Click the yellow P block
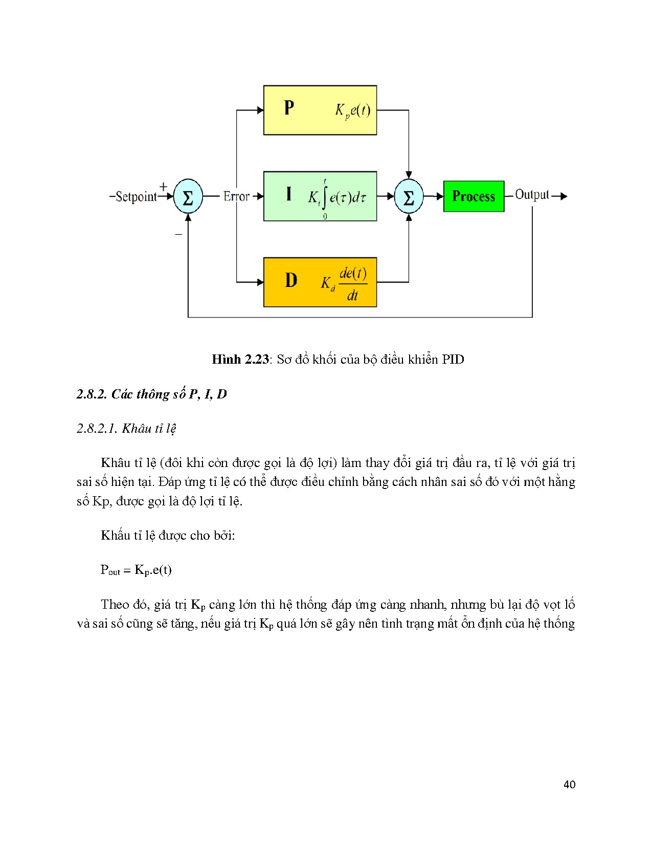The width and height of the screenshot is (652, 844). (320, 110)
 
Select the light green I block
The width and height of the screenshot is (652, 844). (320, 196)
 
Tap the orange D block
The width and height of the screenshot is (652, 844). (320, 282)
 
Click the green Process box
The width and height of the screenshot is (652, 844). (474, 196)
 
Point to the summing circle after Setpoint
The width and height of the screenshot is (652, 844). (188, 196)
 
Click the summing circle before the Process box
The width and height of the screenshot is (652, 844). (409, 196)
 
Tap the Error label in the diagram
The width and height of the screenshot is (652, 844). (236, 196)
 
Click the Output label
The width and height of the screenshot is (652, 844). (532, 194)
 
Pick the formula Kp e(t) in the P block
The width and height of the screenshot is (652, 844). (353, 110)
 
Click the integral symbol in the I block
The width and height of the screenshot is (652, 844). (325, 197)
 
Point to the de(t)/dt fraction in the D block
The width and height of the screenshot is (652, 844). (353, 283)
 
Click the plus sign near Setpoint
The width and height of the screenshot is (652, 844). (164, 186)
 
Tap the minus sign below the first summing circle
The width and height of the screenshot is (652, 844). (178, 234)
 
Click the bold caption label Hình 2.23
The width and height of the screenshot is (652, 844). (240, 360)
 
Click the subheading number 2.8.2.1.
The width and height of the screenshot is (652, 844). (96, 428)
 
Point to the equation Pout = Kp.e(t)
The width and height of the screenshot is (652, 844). (136, 570)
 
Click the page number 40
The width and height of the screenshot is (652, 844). (569, 785)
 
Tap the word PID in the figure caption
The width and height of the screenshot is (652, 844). (453, 360)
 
